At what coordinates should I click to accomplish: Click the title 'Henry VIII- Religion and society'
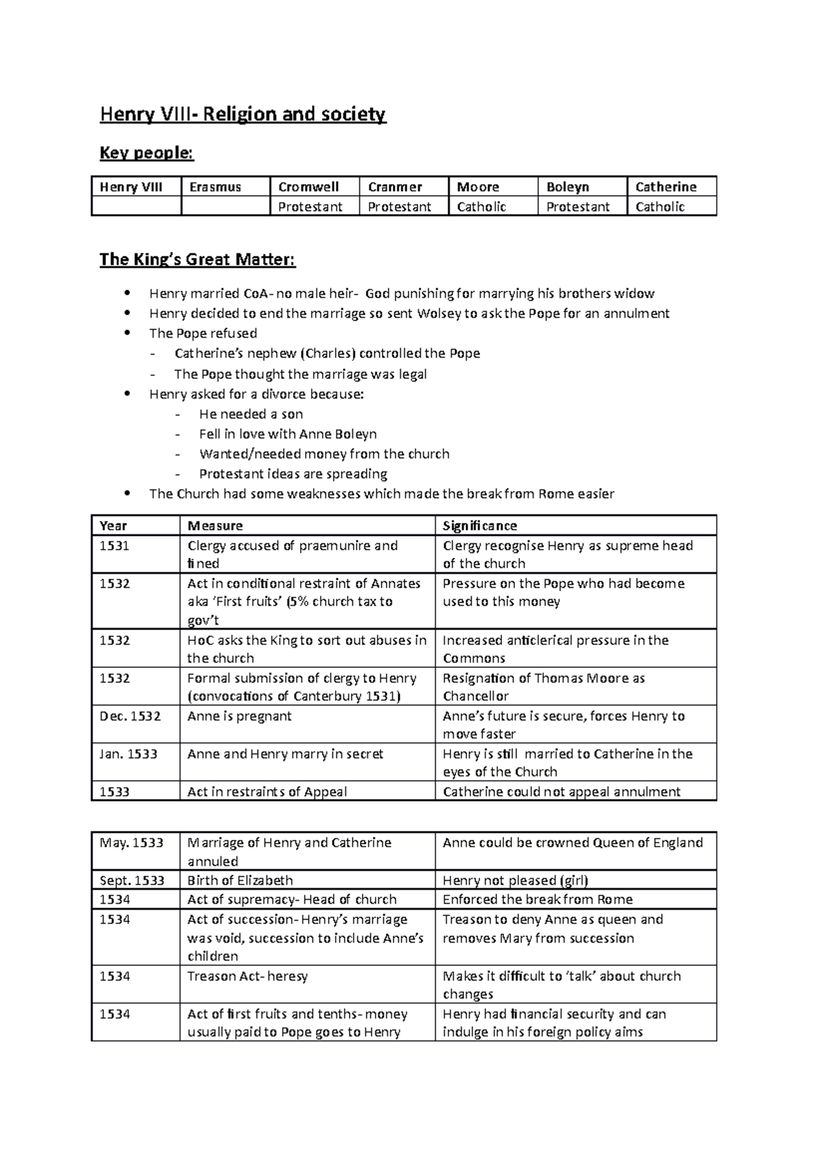(243, 114)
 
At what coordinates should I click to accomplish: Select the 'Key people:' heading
(147, 153)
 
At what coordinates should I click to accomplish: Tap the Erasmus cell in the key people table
(215, 187)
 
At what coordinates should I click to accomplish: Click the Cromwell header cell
(308, 187)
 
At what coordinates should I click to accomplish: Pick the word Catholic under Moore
(481, 207)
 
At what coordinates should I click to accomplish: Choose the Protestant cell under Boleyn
(577, 207)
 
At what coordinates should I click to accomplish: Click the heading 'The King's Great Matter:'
(198, 259)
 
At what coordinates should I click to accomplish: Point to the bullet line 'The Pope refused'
(203, 333)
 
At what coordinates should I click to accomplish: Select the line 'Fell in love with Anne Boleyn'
(288, 434)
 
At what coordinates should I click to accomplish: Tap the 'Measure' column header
(215, 526)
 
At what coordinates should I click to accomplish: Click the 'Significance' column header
(479, 526)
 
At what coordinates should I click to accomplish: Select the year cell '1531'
(115, 545)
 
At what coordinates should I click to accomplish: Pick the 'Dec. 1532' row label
(130, 716)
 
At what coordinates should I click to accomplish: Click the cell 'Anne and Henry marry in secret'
(285, 753)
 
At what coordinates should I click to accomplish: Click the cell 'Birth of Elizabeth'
(240, 880)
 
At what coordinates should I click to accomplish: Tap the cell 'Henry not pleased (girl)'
(515, 880)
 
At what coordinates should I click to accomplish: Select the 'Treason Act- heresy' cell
(247, 976)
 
